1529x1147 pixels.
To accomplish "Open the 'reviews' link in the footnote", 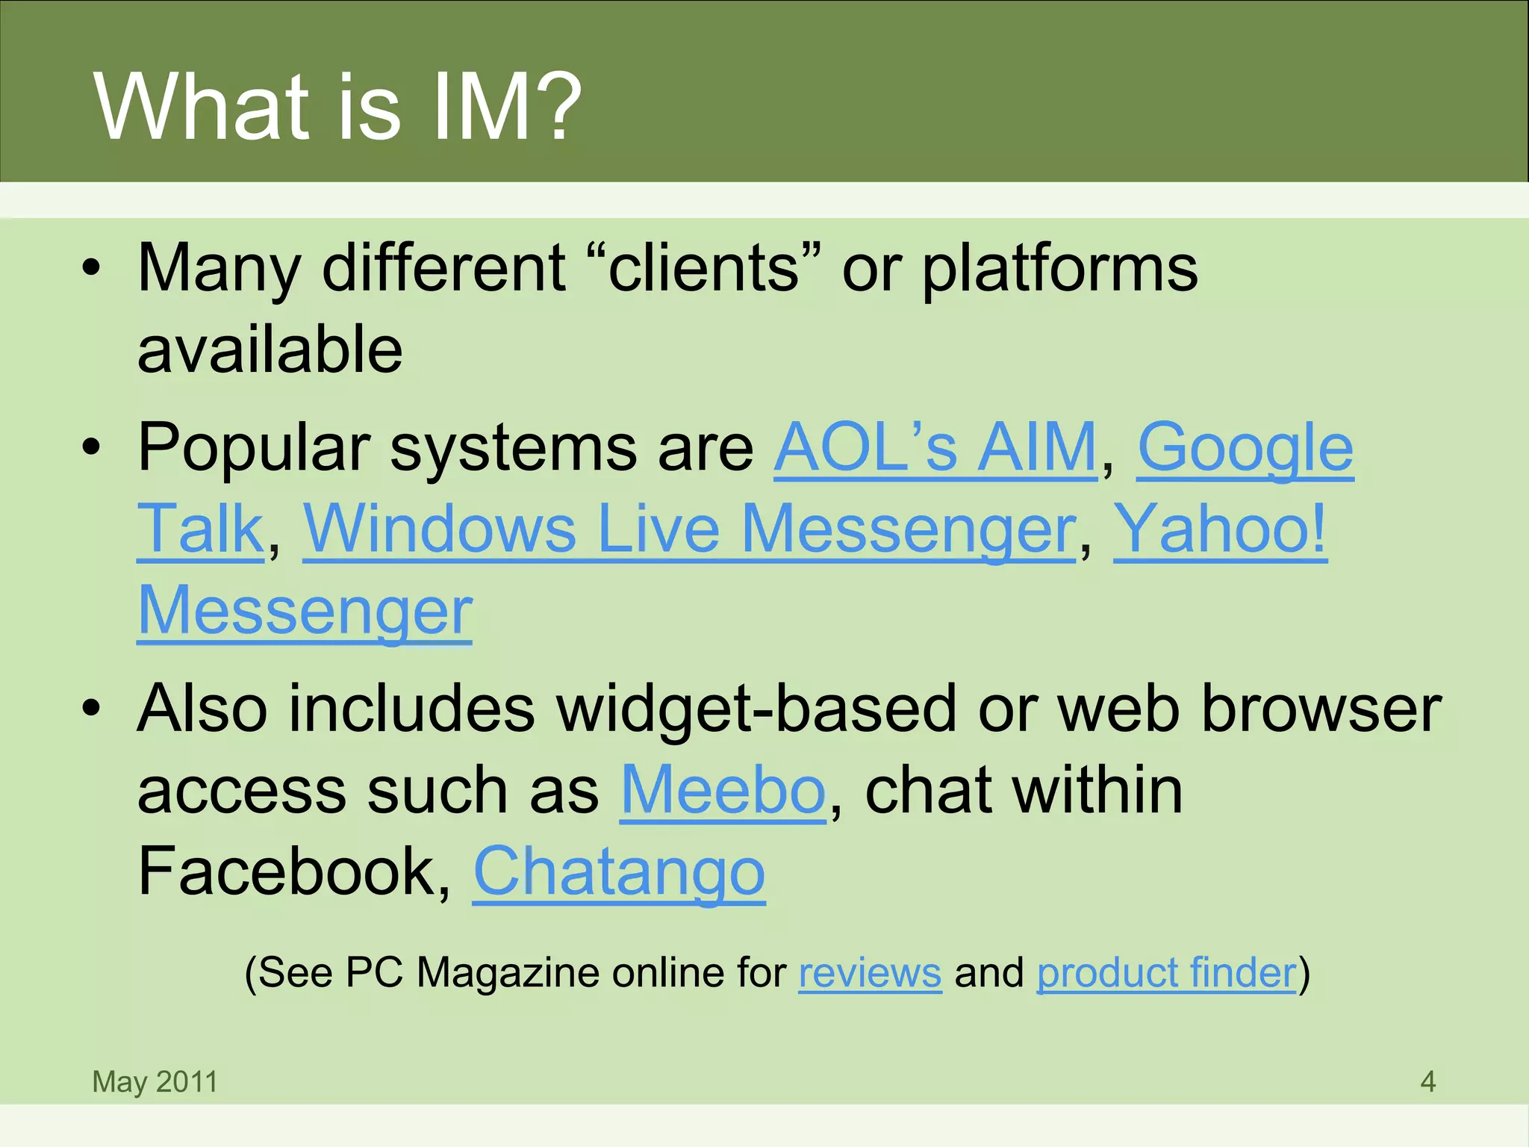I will click(x=870, y=972).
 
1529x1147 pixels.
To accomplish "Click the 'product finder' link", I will click(x=1166, y=972).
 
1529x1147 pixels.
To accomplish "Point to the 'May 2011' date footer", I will click(x=155, y=1081).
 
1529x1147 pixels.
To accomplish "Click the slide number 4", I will click(x=1427, y=1081).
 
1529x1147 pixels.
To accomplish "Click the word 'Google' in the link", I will click(x=1245, y=449).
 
